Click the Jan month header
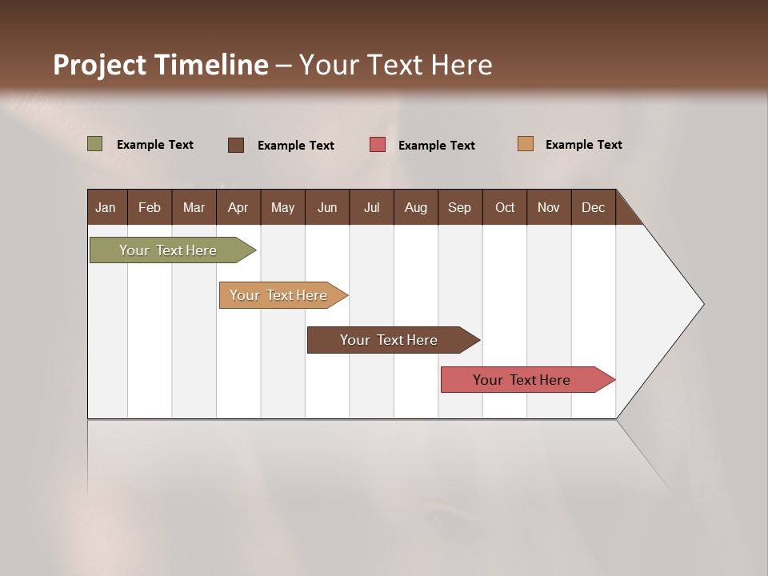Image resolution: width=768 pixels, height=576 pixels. (106, 207)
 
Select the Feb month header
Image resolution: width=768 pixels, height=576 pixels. (150, 207)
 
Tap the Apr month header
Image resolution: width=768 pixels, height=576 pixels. (238, 207)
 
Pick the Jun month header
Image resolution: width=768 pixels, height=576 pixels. (327, 207)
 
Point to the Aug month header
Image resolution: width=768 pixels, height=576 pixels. (416, 207)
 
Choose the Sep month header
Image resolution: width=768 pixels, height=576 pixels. (460, 207)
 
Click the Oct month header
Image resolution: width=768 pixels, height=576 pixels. (505, 207)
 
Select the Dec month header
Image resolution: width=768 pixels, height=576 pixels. (594, 207)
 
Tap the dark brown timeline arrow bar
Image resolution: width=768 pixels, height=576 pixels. (390, 340)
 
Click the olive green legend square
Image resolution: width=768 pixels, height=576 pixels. (95, 144)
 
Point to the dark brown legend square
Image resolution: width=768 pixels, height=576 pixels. (236, 145)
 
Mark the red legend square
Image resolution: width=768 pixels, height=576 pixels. (378, 145)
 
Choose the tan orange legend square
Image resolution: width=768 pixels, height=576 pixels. (526, 144)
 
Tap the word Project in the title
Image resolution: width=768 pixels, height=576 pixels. (99, 65)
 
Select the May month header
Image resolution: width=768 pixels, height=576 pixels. (282, 207)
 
